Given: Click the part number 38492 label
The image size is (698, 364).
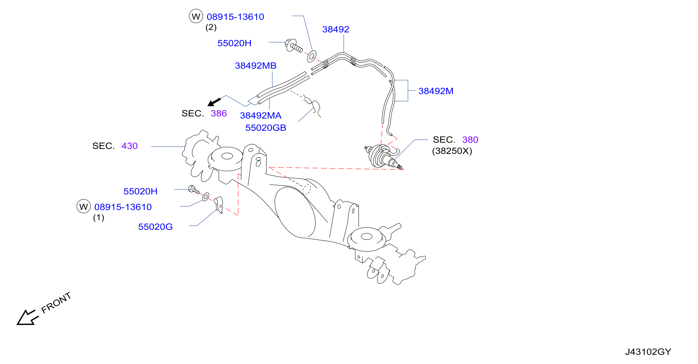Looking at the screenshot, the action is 335,29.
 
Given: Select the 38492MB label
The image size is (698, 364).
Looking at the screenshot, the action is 256,65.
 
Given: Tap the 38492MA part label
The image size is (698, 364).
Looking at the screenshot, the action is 261,116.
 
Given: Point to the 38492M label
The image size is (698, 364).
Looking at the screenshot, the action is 436,91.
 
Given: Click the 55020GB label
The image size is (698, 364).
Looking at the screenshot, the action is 266,128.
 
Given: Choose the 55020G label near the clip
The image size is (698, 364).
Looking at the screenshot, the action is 155,227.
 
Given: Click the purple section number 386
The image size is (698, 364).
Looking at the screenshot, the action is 219,113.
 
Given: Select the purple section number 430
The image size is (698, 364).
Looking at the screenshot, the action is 130,146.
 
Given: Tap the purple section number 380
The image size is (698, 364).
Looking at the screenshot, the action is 470,140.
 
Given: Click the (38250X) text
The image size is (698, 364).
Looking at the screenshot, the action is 452,151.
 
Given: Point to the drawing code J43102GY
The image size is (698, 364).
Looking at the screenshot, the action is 648,352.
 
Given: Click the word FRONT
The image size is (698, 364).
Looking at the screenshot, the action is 56,303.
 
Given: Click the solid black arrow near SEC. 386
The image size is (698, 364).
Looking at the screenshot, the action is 214,102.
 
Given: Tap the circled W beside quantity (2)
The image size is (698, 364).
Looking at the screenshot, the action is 196,16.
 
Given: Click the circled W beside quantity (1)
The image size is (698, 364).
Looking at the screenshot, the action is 83,207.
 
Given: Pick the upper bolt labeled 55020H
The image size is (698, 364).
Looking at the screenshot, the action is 293,46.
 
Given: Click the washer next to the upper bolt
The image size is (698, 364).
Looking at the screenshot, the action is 312,56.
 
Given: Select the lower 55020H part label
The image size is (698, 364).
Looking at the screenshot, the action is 140,191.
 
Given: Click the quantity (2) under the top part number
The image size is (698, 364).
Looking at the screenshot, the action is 211,27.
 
